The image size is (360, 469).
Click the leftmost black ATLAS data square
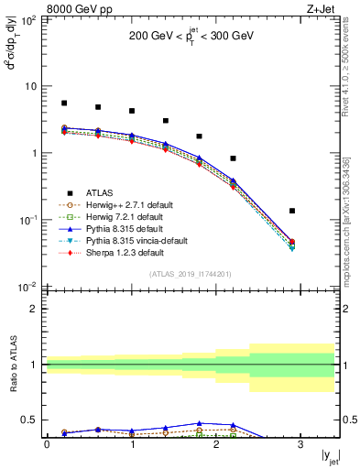coord(64,104)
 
